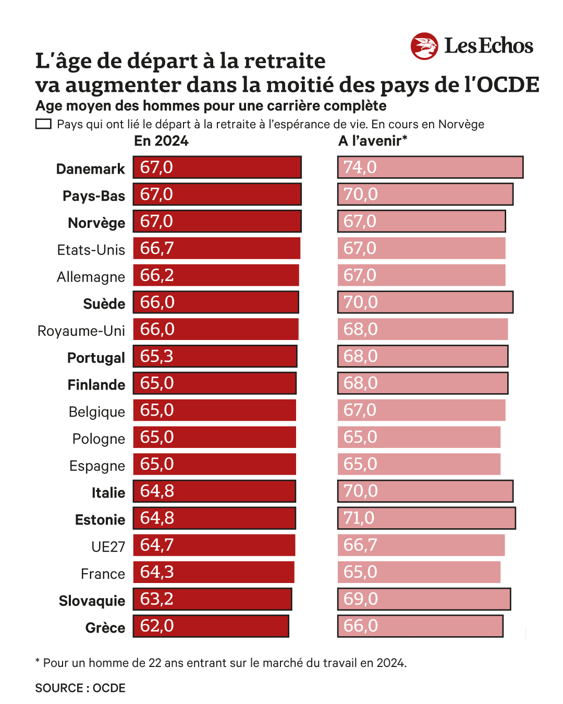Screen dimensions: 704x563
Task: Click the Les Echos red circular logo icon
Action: point(424,46)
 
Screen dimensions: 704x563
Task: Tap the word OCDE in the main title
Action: point(508,85)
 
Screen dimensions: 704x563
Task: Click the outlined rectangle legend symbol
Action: point(43,124)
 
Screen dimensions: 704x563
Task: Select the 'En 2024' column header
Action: point(161,141)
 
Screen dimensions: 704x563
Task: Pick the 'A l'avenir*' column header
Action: point(372,141)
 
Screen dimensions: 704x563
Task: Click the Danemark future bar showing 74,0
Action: point(430,167)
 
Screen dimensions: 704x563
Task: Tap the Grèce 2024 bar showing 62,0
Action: point(211,626)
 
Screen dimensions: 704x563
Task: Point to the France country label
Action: point(103,574)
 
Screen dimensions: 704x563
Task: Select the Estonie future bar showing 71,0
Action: point(426,518)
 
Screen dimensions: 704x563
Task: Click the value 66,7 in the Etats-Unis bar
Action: point(157,249)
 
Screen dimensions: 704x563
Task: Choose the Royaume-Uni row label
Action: point(81,331)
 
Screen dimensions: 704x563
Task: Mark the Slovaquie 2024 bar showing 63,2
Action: point(213,599)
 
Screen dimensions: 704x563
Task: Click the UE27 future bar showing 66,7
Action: point(421,545)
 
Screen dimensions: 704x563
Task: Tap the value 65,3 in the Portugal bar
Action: point(157,357)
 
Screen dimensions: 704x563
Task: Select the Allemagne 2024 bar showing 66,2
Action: point(216,275)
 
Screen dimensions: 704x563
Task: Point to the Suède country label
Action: point(104,304)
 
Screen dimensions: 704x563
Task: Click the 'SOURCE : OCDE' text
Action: point(80,688)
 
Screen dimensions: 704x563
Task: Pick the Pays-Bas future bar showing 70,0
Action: point(425,195)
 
